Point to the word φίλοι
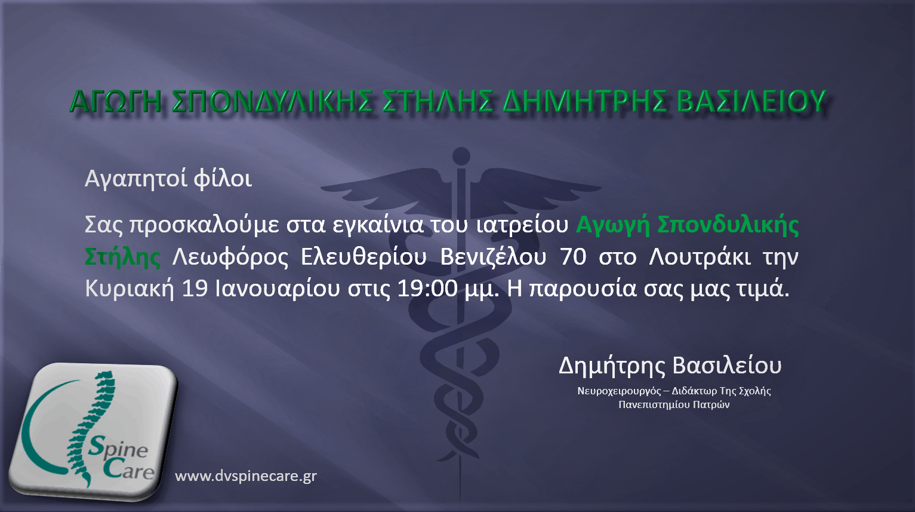(223, 178)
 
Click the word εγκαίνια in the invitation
(378, 225)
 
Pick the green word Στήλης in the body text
(122, 257)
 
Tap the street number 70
(573, 257)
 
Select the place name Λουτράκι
(700, 257)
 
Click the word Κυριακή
(130, 289)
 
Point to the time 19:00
(427, 289)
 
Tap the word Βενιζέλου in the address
(493, 257)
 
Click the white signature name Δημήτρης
(611, 366)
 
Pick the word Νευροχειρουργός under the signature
(619, 391)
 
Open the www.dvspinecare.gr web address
(246, 476)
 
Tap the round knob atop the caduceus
(461, 156)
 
